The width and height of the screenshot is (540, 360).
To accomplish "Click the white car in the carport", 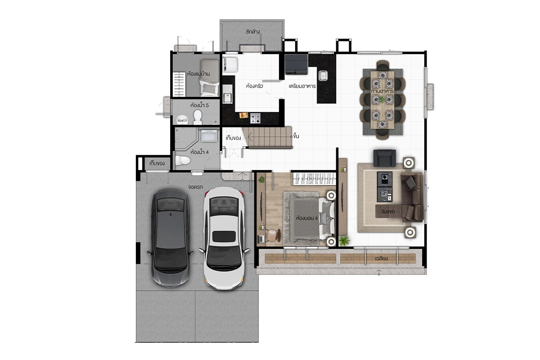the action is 224,238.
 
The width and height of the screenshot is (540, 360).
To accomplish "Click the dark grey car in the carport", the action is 170,238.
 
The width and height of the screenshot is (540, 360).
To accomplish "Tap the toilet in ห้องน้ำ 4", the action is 183,160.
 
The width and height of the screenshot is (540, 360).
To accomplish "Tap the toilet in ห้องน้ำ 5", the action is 198,117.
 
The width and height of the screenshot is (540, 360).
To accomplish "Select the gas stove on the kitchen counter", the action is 255,118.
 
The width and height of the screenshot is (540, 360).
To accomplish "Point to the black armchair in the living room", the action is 384,158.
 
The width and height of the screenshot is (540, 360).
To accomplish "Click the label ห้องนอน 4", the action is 307,218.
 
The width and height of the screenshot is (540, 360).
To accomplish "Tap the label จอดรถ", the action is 195,187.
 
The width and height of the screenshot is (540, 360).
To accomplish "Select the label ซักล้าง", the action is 252,31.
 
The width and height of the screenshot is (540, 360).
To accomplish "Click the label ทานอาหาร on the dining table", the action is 382,91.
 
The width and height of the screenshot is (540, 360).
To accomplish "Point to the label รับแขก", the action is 388,211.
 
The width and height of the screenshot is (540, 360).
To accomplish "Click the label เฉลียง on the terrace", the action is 381,258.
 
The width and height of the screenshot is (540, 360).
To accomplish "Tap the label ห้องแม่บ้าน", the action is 198,74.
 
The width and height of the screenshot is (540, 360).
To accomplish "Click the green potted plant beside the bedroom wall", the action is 344,241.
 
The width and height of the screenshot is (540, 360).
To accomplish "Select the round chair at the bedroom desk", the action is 273,235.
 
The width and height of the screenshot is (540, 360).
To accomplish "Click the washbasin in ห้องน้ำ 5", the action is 183,119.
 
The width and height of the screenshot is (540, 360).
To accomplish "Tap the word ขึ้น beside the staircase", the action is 296,136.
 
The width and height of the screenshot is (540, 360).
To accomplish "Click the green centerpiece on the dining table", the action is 382,99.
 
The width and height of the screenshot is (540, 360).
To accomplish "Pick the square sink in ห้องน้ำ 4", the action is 209,136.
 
